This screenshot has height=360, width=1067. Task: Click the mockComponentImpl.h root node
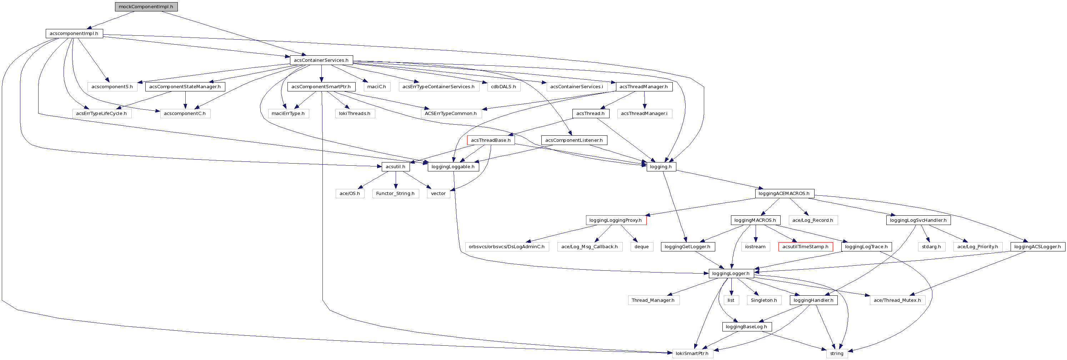[x=146, y=7]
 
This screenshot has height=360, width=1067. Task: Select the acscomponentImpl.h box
[x=74, y=34]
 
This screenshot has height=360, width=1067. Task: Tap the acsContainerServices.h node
[x=321, y=60]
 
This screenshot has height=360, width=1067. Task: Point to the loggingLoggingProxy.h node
[x=616, y=220]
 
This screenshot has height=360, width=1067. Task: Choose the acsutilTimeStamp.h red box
[x=805, y=246]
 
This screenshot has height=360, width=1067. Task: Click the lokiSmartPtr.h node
[x=692, y=353]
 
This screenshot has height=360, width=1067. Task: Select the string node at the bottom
[x=837, y=353]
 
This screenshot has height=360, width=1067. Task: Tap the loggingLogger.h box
[x=731, y=274]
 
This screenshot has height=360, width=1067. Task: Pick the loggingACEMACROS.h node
[x=784, y=194]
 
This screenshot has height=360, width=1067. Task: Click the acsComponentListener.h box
[x=574, y=140]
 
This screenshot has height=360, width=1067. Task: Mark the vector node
[x=438, y=194]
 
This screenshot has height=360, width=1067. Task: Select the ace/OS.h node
[x=350, y=194]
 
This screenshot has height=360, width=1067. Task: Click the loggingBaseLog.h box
[x=746, y=326]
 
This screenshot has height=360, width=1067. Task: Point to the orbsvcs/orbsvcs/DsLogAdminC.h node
[x=507, y=246]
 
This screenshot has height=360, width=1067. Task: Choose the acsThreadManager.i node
[x=644, y=114]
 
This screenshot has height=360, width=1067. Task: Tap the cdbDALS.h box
[x=503, y=86]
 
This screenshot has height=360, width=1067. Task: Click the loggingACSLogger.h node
[x=1038, y=246]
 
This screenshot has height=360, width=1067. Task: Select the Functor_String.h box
[x=395, y=194]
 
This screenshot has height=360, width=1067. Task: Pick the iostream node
[x=756, y=246]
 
